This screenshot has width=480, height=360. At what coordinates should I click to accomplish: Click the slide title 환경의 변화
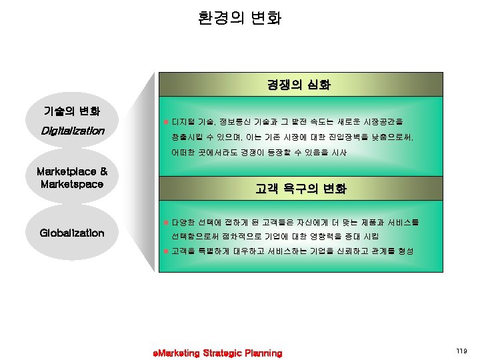(239, 17)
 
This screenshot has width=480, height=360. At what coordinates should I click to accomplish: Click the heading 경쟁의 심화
(299, 85)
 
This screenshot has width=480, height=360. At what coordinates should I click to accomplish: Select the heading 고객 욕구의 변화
(301, 189)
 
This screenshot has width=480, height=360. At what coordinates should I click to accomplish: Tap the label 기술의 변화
(72, 110)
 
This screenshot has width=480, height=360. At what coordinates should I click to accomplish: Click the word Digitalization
(72, 131)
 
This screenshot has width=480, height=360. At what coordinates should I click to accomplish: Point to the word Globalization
(72, 233)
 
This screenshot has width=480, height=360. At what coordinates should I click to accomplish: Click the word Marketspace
(72, 183)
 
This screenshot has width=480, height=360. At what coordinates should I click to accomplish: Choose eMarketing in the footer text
(176, 353)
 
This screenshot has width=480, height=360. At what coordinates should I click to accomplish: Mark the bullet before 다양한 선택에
(166, 221)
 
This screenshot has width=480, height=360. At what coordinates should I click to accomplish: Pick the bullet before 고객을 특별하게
(166, 251)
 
